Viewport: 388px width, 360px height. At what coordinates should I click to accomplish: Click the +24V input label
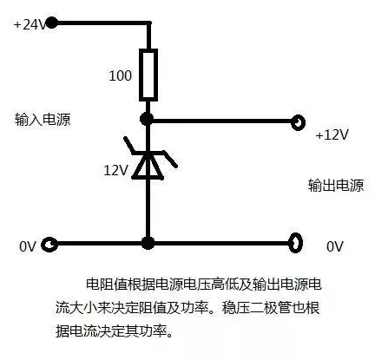[x=30, y=24]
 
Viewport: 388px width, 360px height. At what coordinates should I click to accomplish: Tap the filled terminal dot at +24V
[x=51, y=23]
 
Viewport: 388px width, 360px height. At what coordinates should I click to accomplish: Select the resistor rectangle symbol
[x=148, y=75]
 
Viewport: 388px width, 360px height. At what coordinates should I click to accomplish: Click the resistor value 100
[x=120, y=75]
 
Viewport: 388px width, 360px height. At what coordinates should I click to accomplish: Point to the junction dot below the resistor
[x=147, y=119]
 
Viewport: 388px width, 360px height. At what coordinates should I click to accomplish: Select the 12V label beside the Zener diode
[x=115, y=170]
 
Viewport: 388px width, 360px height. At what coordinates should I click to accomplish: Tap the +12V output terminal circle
[x=298, y=122]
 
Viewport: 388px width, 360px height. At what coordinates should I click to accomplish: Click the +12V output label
[x=332, y=134]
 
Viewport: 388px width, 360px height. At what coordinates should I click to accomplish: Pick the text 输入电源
[x=43, y=120]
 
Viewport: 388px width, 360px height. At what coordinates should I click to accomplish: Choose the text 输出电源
[x=336, y=186]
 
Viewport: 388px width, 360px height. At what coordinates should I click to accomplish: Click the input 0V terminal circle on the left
[x=49, y=245]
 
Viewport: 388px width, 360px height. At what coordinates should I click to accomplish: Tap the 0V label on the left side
[x=28, y=246]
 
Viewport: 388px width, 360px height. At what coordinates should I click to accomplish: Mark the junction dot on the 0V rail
[x=148, y=244]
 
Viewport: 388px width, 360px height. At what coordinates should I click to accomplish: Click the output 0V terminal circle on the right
[x=296, y=245]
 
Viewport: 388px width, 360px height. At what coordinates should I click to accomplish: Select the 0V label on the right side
[x=335, y=246]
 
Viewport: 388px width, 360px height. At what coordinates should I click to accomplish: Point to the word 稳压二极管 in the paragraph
[x=257, y=308]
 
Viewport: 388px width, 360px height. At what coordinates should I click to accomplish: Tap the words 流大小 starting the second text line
[x=76, y=308]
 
